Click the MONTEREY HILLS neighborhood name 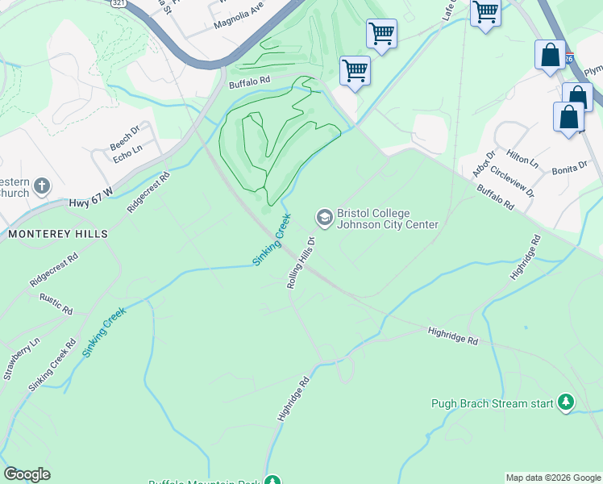58,233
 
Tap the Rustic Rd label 56,304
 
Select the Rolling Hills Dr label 300,262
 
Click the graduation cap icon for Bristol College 324,217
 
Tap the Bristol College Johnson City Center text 387,219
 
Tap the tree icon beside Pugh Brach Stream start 566,402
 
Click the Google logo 27,474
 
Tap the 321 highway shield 117,3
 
